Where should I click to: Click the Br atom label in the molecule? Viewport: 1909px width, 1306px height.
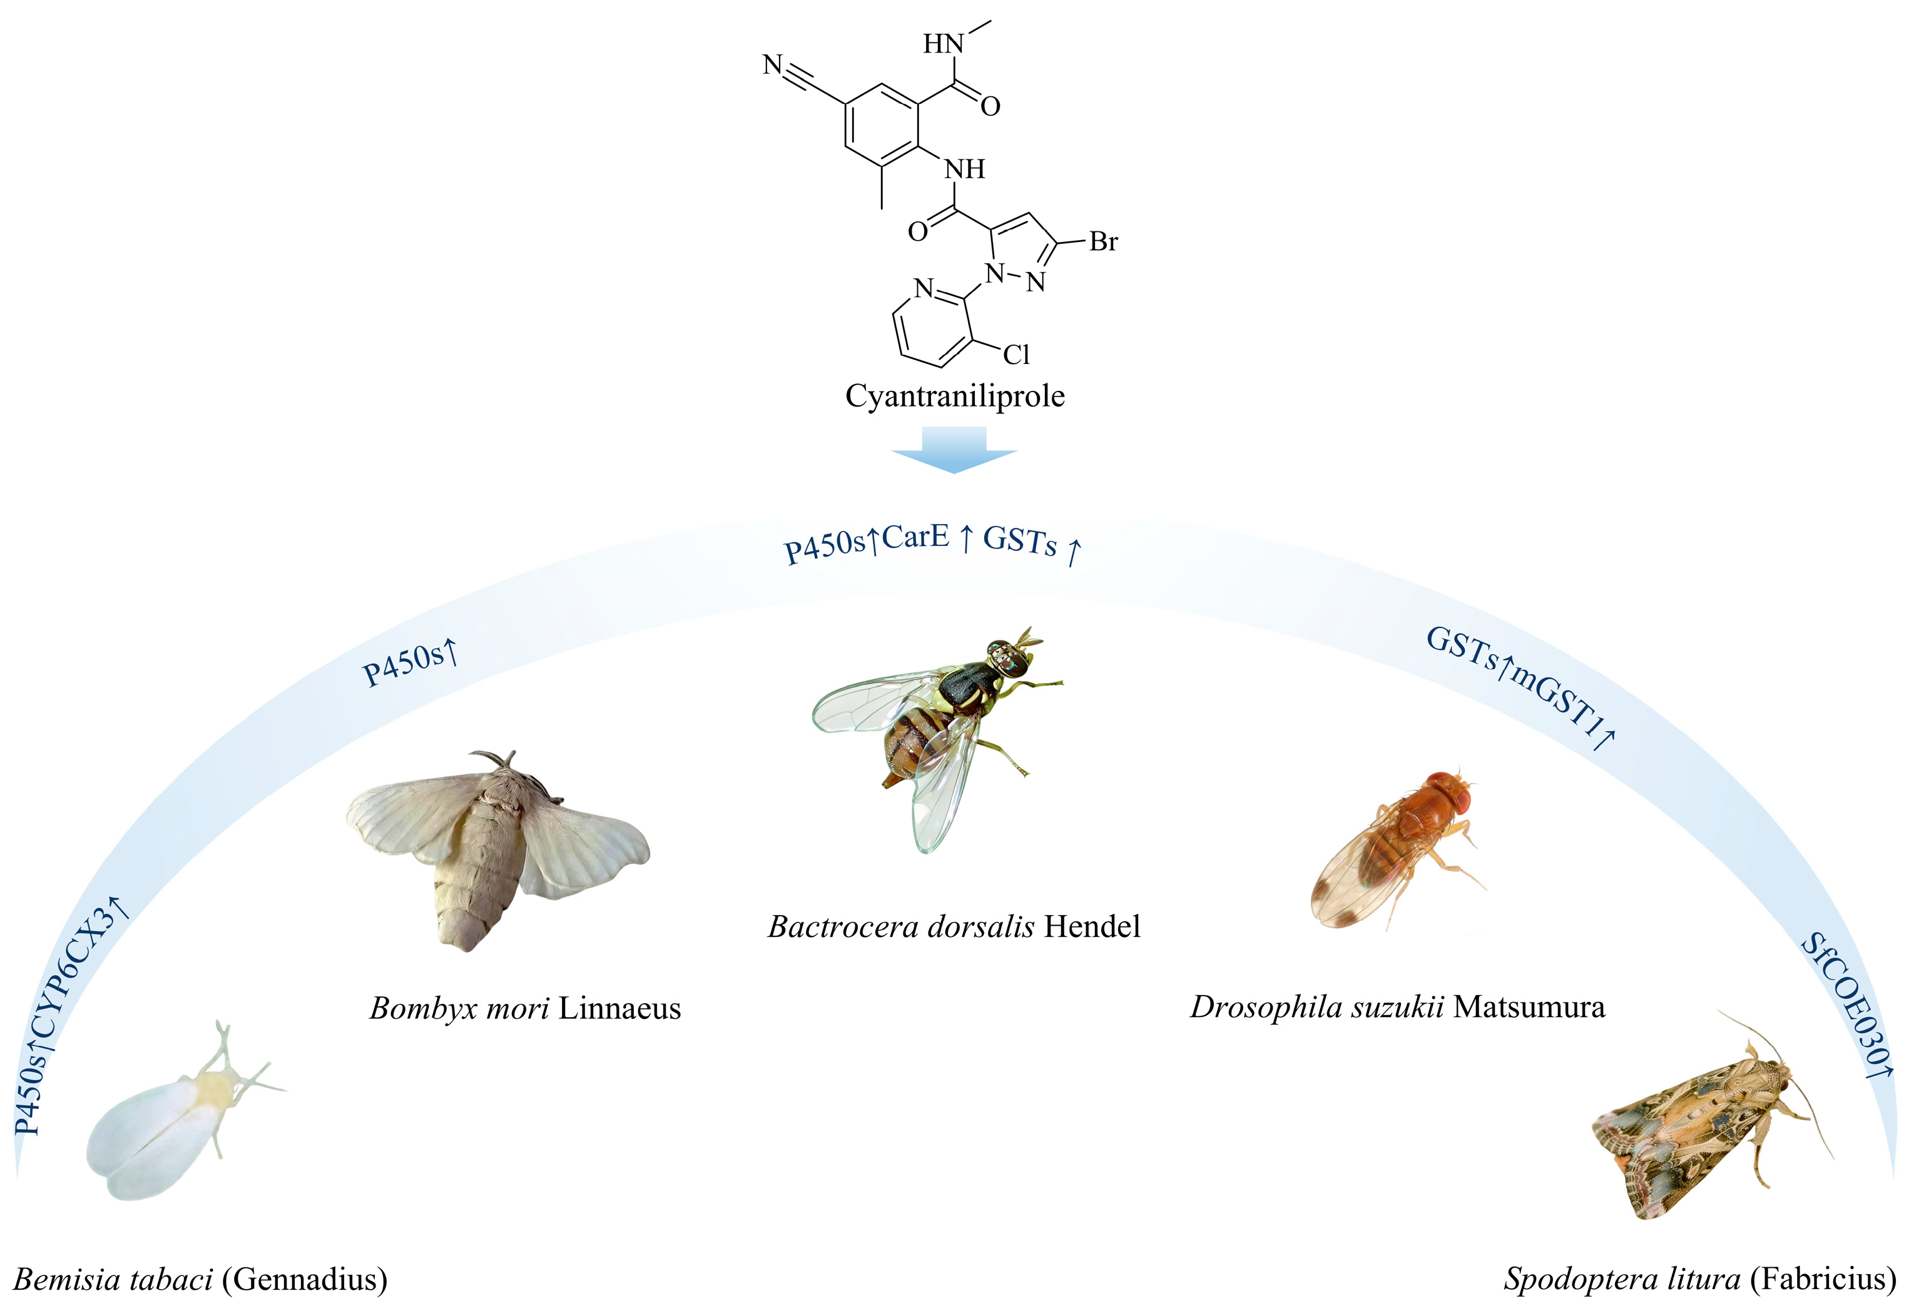click(x=1103, y=241)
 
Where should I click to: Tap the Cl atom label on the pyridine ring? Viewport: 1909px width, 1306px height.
click(x=1016, y=354)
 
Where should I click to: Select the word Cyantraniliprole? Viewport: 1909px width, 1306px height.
click(x=955, y=396)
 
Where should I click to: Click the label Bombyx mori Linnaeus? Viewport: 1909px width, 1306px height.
click(x=525, y=1008)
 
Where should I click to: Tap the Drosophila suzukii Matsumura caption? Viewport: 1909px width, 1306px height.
click(x=1397, y=1006)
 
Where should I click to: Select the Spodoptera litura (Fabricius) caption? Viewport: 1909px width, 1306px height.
click(x=1699, y=1279)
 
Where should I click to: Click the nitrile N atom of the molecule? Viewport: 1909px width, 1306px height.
click(x=772, y=64)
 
